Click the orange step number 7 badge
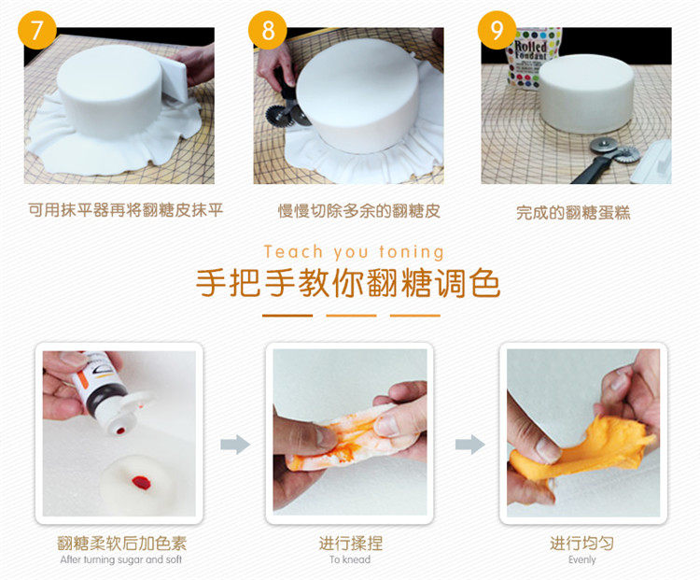click(x=37, y=30)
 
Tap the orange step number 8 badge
click(x=268, y=30)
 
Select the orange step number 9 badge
click(x=497, y=30)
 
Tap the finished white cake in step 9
click(x=586, y=93)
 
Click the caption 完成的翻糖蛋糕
click(x=573, y=213)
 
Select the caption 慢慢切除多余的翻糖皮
click(x=359, y=211)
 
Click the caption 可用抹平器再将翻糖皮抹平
click(x=125, y=209)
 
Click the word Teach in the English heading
click(x=293, y=252)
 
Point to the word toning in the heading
click(x=412, y=252)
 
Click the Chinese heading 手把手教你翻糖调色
click(x=348, y=283)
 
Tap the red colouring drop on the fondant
click(x=141, y=483)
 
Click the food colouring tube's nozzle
click(x=120, y=431)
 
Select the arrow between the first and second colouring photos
click(x=235, y=445)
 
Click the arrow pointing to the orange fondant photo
click(x=470, y=445)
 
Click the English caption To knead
click(x=350, y=559)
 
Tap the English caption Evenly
click(x=582, y=559)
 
